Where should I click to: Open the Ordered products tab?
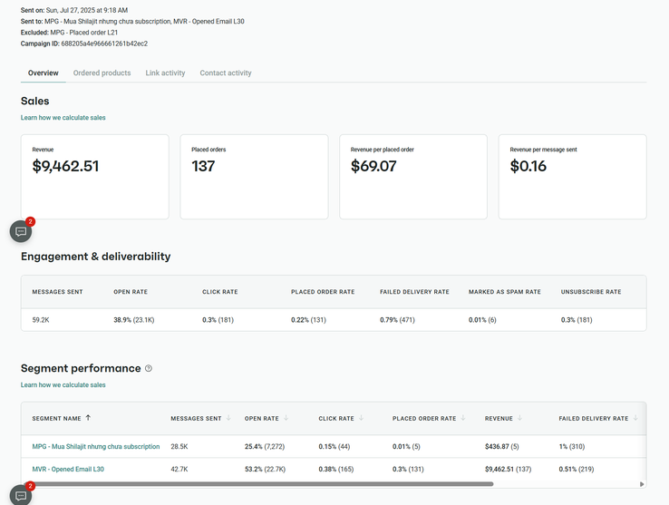click(102, 73)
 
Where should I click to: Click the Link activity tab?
click(165, 73)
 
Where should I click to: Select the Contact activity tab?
click(226, 73)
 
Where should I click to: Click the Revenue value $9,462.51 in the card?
click(65, 166)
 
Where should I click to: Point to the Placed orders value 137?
click(203, 166)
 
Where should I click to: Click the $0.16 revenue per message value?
click(528, 166)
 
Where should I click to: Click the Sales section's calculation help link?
click(63, 118)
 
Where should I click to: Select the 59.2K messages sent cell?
click(41, 320)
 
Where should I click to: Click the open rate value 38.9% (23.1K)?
click(134, 320)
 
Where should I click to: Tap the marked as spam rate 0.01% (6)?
click(482, 320)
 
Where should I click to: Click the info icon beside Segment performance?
click(149, 369)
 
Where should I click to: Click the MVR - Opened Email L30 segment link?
click(68, 470)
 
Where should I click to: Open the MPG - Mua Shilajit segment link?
click(96, 446)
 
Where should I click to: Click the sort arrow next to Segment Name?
click(88, 419)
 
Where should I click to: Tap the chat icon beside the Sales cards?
click(21, 231)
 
